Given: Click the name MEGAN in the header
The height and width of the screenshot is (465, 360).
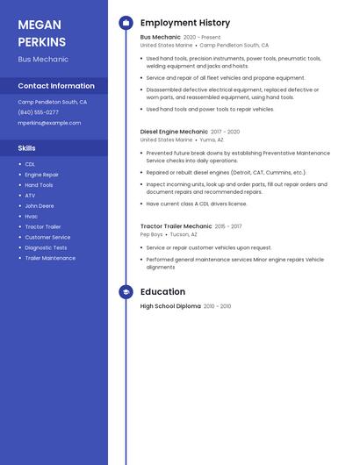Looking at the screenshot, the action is coord(39,24).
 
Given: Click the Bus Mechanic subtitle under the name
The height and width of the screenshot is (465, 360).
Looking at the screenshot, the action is coord(43,60).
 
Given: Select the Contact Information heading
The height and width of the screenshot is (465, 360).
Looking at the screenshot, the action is coord(56,86).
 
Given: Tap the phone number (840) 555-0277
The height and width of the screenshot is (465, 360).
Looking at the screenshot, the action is coord(39,112).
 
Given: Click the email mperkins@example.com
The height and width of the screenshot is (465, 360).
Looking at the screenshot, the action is coord(49,123).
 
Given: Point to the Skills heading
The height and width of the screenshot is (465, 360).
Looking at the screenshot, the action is coord(27,148).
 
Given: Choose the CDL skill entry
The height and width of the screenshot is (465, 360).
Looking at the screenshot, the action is coord(30,164).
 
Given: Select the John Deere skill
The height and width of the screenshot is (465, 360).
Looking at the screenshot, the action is coord(40,205).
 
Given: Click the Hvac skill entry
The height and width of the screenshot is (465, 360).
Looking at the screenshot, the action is coord(32,216).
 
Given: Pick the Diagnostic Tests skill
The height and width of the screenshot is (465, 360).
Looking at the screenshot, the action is coord(46,247).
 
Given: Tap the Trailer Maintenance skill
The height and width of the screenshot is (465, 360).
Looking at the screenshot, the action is coord(50,258).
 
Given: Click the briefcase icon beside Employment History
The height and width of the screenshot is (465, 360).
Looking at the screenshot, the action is coord(126,23).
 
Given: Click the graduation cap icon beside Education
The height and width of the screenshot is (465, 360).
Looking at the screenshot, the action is coord(126,292).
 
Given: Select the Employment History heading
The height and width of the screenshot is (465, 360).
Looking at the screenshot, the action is coord(185,23).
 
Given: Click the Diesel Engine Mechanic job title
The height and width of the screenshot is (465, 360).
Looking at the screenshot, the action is coord(174,132).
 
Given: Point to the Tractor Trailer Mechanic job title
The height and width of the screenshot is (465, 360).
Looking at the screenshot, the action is coord(176,226).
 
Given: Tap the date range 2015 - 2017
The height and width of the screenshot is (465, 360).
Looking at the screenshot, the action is coord(228,226).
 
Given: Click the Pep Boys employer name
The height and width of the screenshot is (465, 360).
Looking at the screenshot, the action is coord(151,234).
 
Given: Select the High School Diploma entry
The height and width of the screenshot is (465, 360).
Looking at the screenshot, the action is coord(170,306).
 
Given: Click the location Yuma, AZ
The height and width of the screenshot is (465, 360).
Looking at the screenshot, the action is coord(212,139).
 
